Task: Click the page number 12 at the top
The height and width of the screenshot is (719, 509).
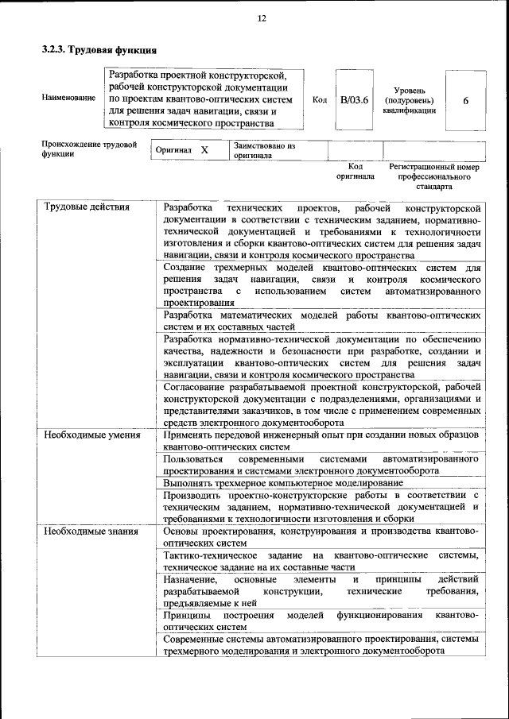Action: point(261,18)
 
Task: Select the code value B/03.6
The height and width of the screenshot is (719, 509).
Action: point(354,100)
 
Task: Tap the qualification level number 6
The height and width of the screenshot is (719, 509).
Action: point(465,100)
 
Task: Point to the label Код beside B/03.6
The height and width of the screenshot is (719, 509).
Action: point(320,100)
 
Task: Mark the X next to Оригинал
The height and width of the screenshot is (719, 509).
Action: point(204,149)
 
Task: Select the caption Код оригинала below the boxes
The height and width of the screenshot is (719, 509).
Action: point(355,172)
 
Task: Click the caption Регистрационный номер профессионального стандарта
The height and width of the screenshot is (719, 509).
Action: point(434,177)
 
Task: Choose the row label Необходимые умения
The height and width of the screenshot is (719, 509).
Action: point(87,436)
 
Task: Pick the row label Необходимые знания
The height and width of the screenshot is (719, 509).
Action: point(86,531)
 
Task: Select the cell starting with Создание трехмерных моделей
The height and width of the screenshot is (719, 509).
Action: point(321,286)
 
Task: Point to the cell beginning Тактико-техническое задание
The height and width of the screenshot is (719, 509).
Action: point(321,561)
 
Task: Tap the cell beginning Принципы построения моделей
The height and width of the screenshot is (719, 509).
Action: point(321,621)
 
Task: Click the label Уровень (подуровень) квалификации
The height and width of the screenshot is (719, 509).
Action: point(409,101)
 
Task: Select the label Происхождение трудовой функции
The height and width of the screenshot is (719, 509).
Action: point(88,149)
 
